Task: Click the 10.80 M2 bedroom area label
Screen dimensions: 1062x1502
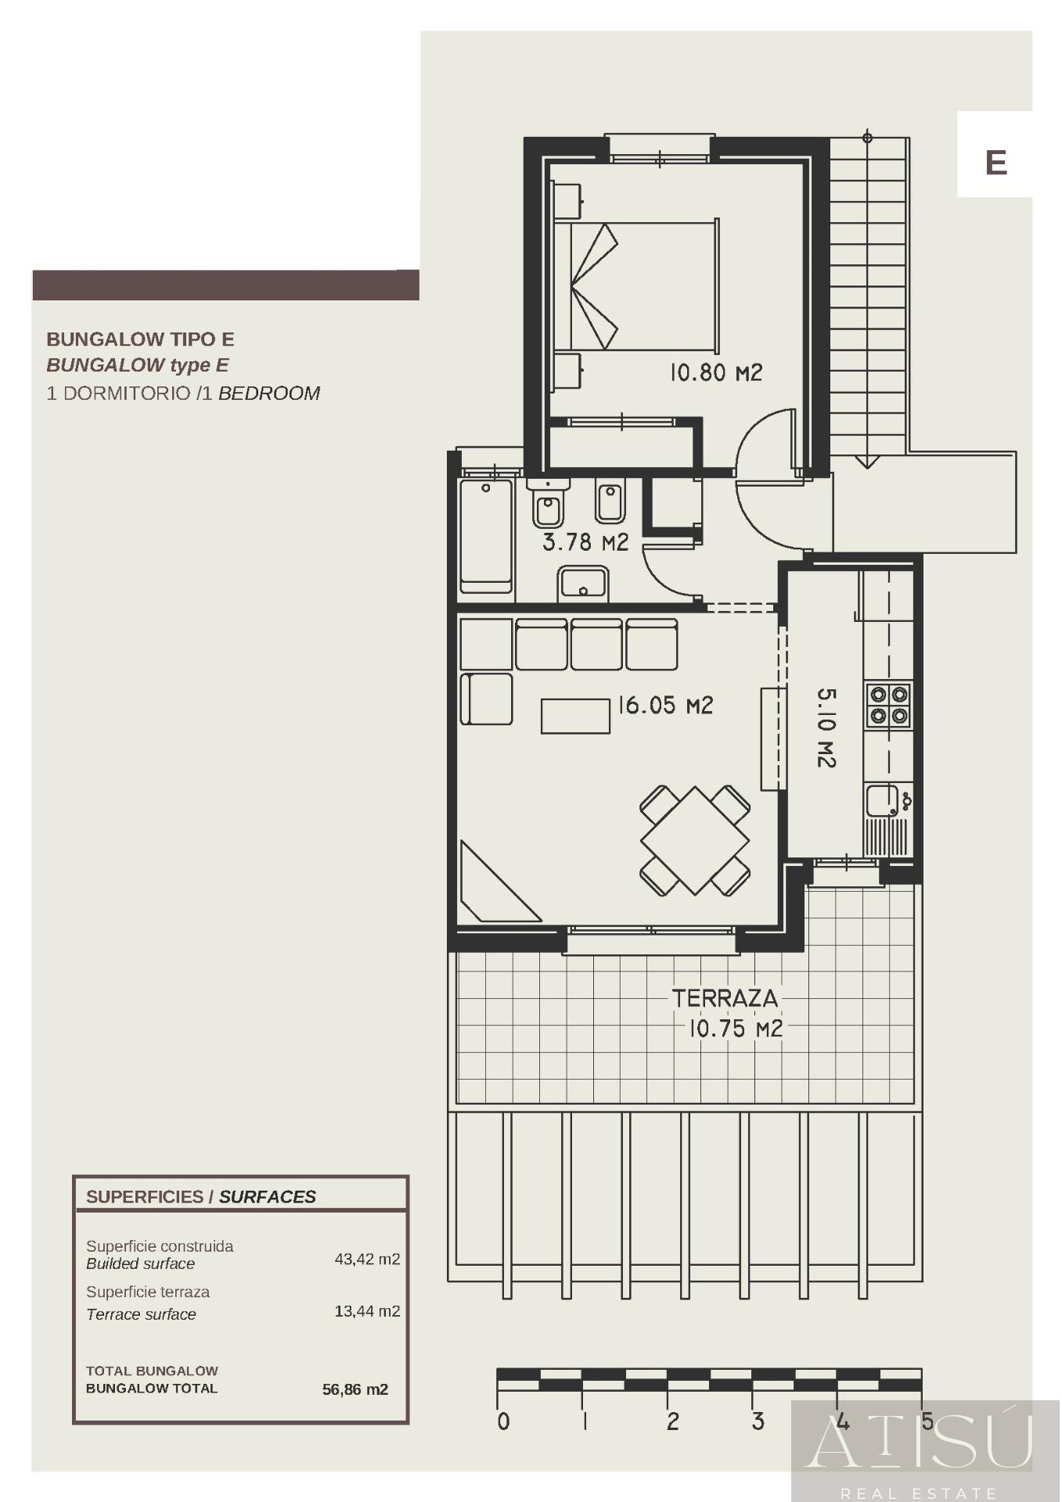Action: pos(715,372)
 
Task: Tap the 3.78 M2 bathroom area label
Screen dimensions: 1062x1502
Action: pos(585,542)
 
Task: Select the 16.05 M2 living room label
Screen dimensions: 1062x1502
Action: pos(665,706)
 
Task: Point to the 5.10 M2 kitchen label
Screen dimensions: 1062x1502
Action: pos(826,728)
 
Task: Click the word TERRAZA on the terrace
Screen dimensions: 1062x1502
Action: pos(725,998)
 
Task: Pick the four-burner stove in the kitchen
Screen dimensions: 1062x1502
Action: pos(888,705)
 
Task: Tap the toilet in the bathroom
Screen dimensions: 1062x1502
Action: pos(548,504)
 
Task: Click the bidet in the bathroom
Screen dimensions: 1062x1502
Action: pos(610,499)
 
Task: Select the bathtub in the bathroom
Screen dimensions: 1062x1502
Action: pos(486,537)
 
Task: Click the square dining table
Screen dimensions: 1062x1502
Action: pos(695,841)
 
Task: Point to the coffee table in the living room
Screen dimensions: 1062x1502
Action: pos(575,716)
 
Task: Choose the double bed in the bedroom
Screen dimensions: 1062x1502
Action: pos(636,285)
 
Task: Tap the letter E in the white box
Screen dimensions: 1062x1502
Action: pos(995,163)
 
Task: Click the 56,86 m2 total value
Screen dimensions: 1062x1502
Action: pos(355,1389)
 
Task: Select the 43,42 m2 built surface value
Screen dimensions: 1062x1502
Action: pos(367,1259)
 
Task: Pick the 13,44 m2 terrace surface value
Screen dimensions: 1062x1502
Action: pos(367,1311)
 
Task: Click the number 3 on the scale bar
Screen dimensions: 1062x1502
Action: pos(758,1421)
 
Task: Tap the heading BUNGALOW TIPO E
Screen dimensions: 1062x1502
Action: pos(140,340)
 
